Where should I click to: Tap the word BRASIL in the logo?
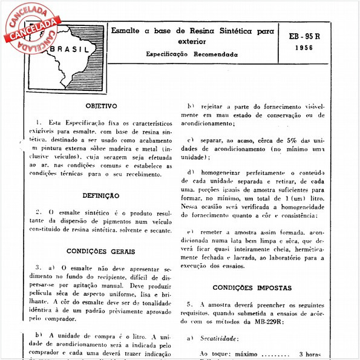click(70, 50)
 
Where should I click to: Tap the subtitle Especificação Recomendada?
click(192, 54)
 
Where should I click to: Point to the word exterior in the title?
click(192, 42)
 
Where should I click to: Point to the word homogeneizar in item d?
click(226, 174)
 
